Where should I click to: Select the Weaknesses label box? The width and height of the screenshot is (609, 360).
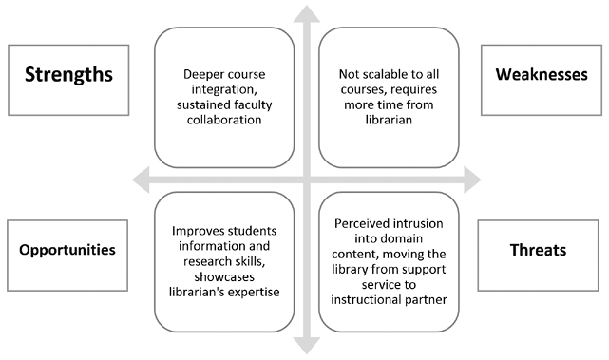point(540,74)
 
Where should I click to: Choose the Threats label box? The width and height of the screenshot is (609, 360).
point(538,250)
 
